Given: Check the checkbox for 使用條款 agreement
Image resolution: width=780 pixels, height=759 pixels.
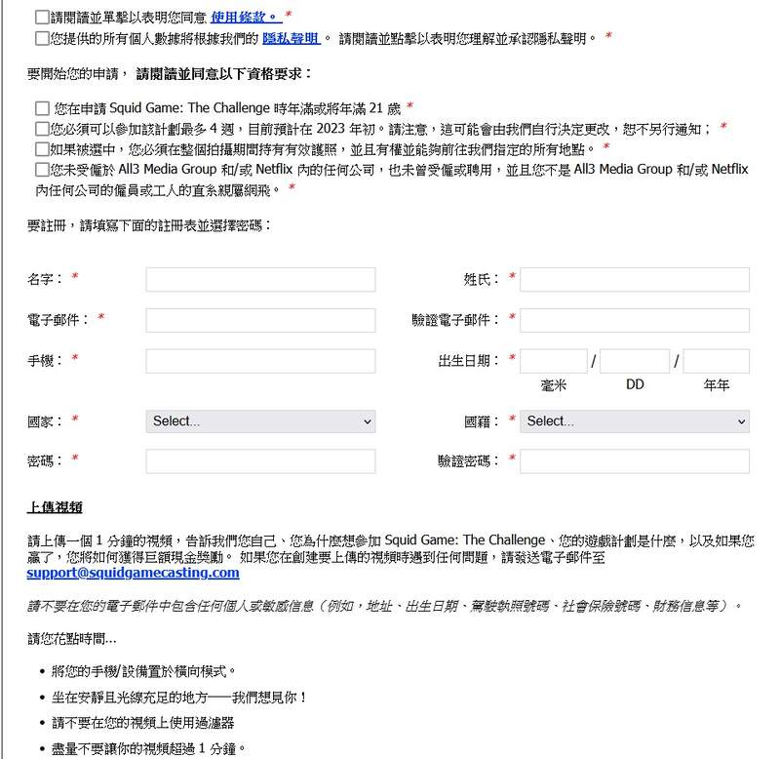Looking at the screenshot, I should (41, 18).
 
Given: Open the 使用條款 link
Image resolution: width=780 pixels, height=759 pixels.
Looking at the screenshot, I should (244, 18).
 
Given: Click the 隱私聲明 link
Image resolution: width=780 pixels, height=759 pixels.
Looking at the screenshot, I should (291, 39).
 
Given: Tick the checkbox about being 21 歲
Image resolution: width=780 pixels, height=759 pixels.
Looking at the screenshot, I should (41, 108).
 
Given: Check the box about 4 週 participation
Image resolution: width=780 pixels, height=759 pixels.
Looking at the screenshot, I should (41, 129).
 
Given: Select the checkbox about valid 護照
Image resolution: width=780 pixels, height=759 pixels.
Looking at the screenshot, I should (41, 149).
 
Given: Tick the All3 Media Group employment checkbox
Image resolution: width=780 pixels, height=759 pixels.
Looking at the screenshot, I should (41, 170).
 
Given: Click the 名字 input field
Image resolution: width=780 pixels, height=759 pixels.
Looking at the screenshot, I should (260, 280).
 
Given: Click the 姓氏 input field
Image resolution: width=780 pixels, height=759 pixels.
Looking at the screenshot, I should (635, 280).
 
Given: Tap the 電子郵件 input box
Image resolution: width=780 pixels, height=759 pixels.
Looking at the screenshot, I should (260, 321).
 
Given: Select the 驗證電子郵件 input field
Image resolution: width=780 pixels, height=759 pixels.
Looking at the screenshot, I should (635, 321).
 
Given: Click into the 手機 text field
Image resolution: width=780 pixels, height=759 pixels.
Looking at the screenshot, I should (260, 362).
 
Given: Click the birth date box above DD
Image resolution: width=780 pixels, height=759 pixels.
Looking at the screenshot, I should (635, 362).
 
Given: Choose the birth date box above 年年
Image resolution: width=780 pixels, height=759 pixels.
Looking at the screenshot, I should (717, 362).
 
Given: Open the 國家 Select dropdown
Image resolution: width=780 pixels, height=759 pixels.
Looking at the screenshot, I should (260, 421).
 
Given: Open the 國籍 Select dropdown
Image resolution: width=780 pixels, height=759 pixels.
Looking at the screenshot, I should (635, 421).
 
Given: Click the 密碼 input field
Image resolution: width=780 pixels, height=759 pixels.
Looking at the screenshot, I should (260, 461).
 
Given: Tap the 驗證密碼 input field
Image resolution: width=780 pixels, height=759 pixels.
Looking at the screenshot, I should (635, 461).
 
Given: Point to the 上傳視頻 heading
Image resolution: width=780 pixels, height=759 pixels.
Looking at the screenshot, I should (55, 508).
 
